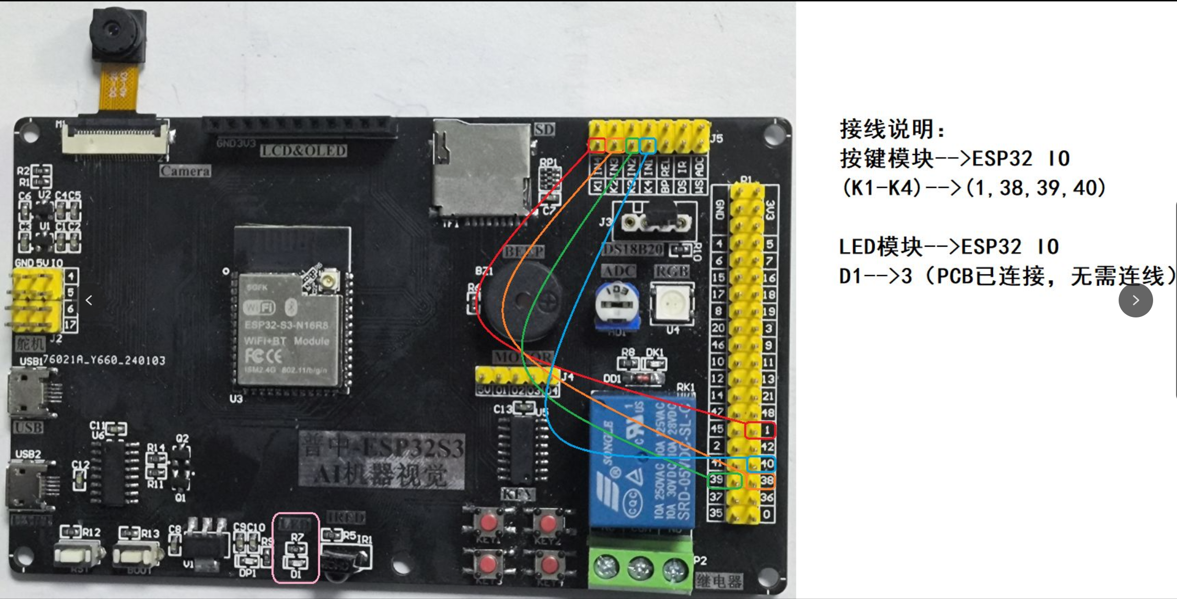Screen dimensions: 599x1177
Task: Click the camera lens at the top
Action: [x=113, y=30]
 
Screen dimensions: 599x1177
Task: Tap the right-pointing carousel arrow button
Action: [x=1135, y=300]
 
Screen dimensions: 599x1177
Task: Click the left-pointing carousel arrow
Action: [x=89, y=300]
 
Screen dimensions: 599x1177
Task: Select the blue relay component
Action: [x=641, y=461]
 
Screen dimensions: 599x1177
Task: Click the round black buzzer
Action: [x=524, y=301]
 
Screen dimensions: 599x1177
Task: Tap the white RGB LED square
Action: [x=672, y=303]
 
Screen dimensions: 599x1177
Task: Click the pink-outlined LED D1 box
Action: [x=296, y=548]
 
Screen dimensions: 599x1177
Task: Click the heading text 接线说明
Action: [x=892, y=129]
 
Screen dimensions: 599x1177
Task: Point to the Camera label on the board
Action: [x=185, y=171]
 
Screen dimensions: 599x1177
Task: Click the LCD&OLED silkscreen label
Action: [x=304, y=151]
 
